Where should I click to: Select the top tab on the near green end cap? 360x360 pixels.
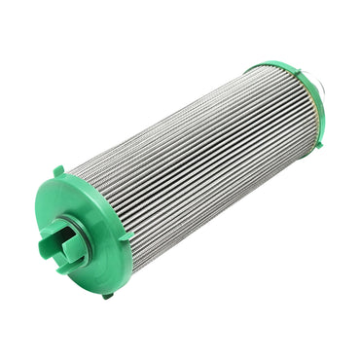[x=59, y=171]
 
